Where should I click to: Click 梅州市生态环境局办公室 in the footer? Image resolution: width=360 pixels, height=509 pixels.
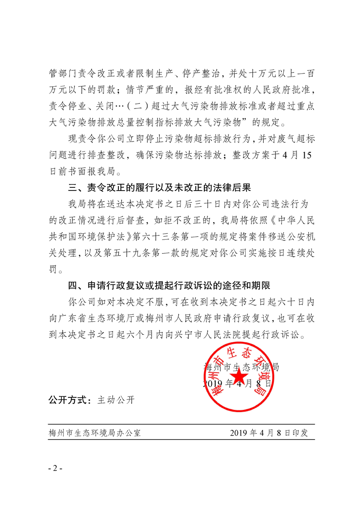click(95, 432)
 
